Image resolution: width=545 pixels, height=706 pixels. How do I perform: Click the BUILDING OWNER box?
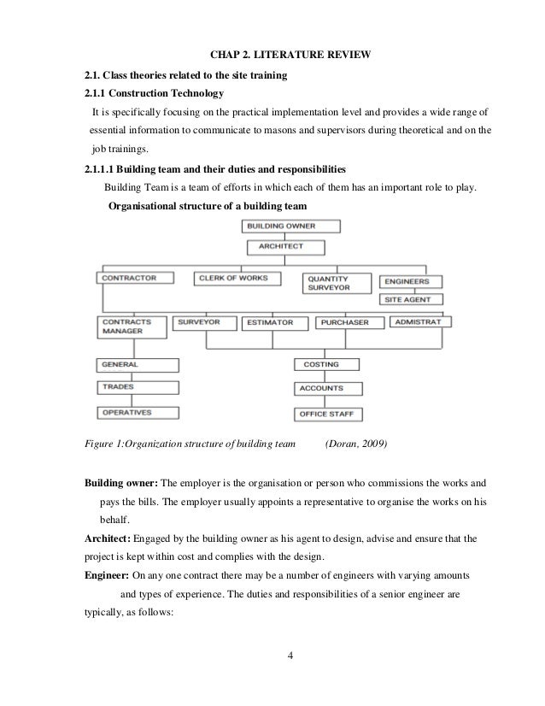pyautogui.click(x=291, y=227)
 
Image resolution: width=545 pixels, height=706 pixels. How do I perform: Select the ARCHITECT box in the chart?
pyautogui.click(x=288, y=247)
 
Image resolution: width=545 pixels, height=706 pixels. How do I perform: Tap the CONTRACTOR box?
pyautogui.click(x=136, y=278)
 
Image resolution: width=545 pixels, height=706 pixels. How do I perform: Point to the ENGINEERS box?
pyautogui.click(x=411, y=281)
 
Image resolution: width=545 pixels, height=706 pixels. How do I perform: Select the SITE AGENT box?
pyautogui.click(x=411, y=300)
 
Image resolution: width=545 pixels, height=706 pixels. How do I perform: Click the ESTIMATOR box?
pyautogui.click(x=268, y=323)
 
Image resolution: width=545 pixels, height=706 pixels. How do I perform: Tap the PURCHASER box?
pyautogui.click(x=349, y=323)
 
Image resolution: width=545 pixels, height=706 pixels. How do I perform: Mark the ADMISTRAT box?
pyautogui.click(x=420, y=322)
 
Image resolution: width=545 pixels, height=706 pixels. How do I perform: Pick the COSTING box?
pyautogui.click(x=329, y=365)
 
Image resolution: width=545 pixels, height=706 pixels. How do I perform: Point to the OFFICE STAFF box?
pyautogui.click(x=329, y=415)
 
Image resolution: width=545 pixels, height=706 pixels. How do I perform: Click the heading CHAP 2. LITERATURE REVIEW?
pyautogui.click(x=290, y=56)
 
